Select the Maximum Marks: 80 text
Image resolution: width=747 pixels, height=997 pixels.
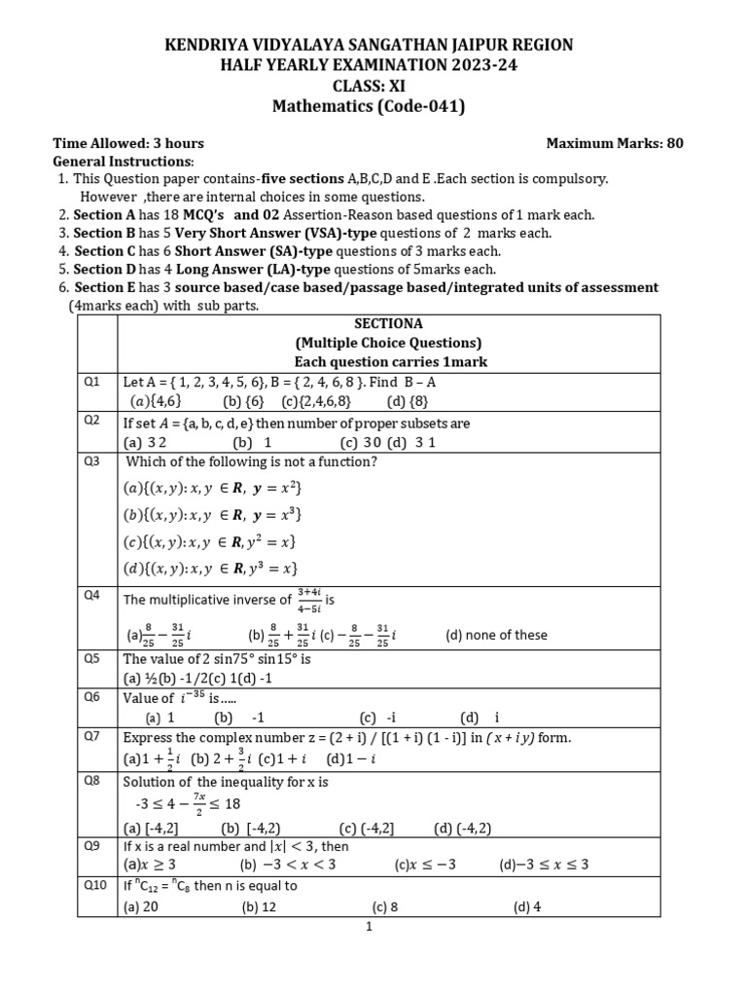[615, 143]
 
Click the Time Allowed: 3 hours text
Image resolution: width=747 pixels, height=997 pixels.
[127, 143]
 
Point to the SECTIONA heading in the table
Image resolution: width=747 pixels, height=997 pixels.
[388, 324]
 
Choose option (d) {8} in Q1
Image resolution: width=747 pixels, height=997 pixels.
[408, 399]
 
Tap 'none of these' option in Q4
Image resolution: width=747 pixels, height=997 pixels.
[496, 635]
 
